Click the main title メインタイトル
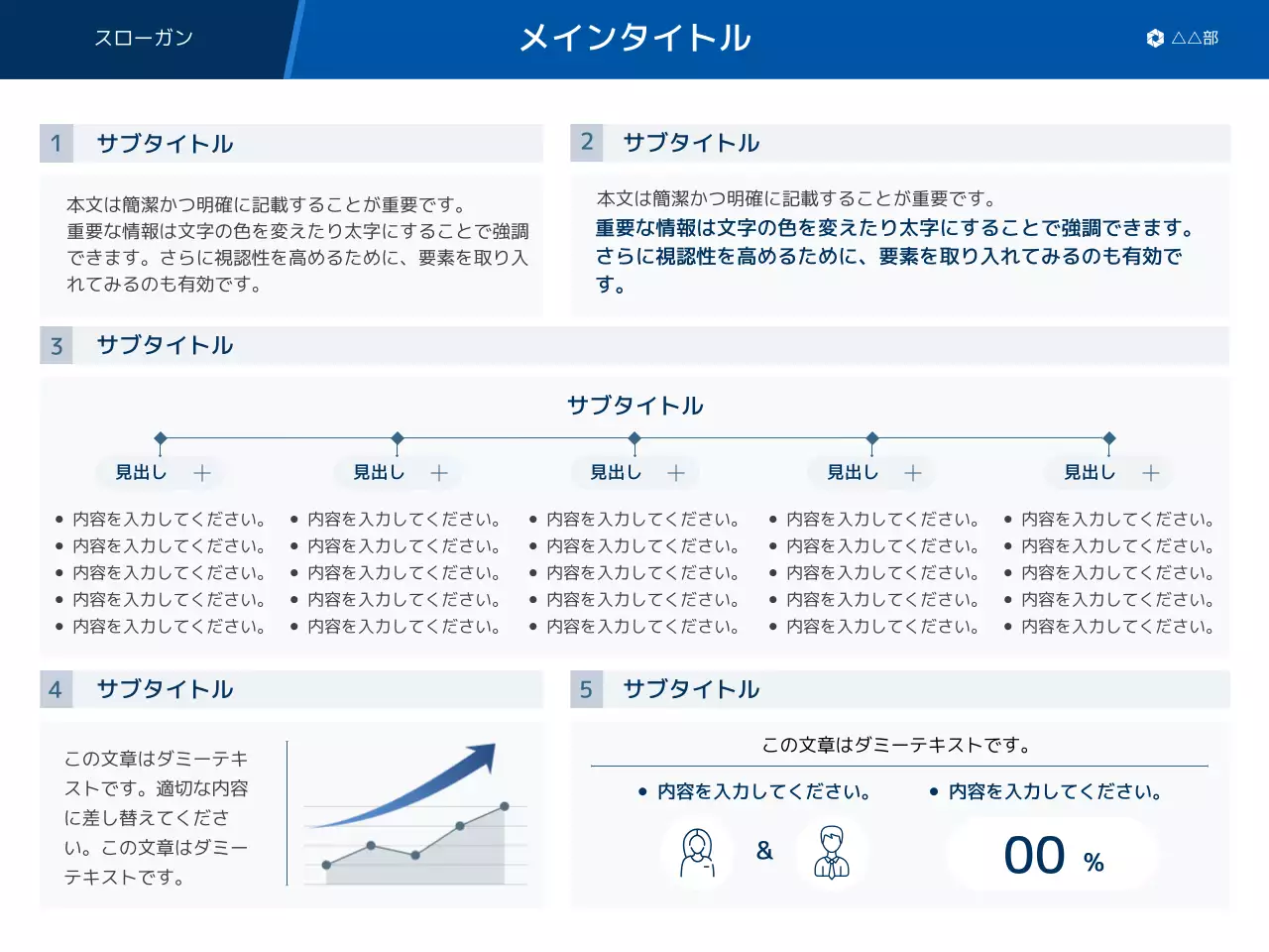pyautogui.click(x=634, y=39)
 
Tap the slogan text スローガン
pyautogui.click(x=144, y=38)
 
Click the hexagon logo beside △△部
pyautogui.click(x=1155, y=39)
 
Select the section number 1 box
pyautogui.click(x=57, y=144)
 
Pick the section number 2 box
pyautogui.click(x=587, y=143)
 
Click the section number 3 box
pyautogui.click(x=57, y=346)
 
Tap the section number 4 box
pyautogui.click(x=57, y=689)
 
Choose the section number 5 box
pyautogui.click(x=587, y=689)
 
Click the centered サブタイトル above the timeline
pyautogui.click(x=634, y=406)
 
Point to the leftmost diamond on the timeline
pyautogui.click(x=161, y=438)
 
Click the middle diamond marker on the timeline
pyautogui.click(x=634, y=438)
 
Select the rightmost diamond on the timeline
pyautogui.click(x=1109, y=438)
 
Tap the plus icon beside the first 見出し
pyautogui.click(x=202, y=473)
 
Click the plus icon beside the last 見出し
pyautogui.click(x=1150, y=473)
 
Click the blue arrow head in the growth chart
pyautogui.click(x=485, y=757)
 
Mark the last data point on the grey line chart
pyautogui.click(x=505, y=807)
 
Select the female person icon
pyautogui.click(x=697, y=853)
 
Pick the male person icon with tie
pyautogui.click(x=832, y=853)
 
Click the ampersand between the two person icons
pyautogui.click(x=764, y=851)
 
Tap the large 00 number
pyautogui.click(x=1034, y=856)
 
